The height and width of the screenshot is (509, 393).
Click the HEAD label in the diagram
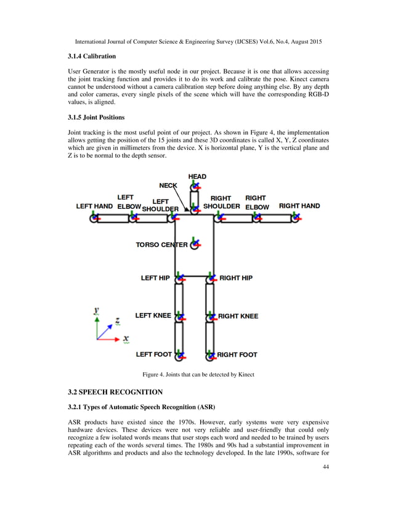click(x=197, y=177)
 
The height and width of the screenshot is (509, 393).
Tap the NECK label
click(x=168, y=185)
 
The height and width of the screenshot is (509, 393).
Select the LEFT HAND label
click(x=94, y=206)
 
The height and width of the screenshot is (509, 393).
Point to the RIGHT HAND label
click(x=299, y=206)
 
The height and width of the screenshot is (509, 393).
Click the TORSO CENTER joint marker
click(x=195, y=245)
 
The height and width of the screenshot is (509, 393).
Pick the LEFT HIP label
click(x=155, y=278)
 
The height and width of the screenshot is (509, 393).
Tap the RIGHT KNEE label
click(x=238, y=316)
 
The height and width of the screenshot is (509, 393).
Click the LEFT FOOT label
click(x=154, y=354)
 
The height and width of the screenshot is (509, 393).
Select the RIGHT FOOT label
click(x=237, y=355)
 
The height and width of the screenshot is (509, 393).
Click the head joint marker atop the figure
click(x=195, y=185)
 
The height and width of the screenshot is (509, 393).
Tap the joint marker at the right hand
click(x=296, y=218)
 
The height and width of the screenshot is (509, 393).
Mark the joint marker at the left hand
click(x=94, y=218)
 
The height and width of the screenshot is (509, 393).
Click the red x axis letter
click(x=126, y=338)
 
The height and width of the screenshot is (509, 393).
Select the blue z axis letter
click(x=118, y=321)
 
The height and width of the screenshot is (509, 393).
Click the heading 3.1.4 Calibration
click(x=92, y=56)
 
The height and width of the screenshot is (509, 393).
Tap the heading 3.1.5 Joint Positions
click(x=97, y=116)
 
